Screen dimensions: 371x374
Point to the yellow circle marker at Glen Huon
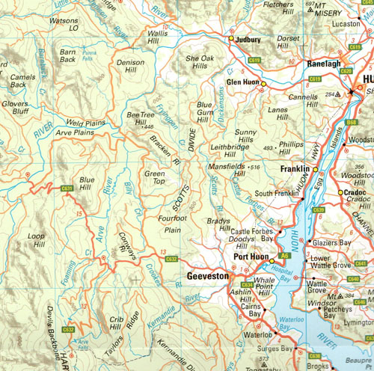tap(263, 84)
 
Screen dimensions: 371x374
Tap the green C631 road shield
tap(67, 188)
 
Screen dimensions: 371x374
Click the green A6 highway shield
tap(285, 255)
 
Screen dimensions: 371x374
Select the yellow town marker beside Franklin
tap(305, 169)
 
